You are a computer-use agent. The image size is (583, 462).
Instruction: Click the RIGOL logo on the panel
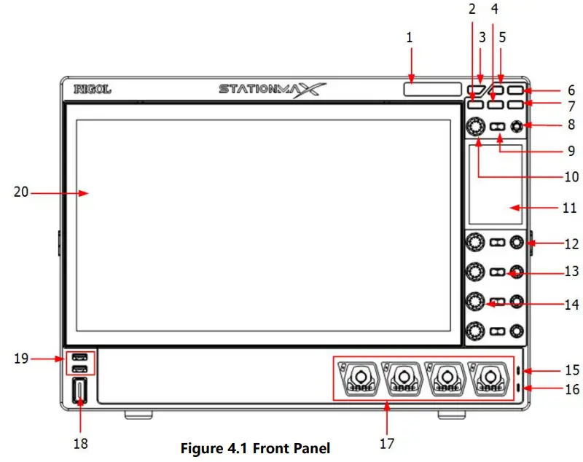[92, 90]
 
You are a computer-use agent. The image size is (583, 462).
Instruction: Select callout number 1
[410, 37]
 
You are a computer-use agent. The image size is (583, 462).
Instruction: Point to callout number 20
[22, 192]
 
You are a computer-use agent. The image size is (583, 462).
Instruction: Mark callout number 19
[22, 358]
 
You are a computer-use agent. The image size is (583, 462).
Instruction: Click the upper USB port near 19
[80, 358]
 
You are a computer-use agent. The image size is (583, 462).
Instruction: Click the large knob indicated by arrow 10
[476, 127]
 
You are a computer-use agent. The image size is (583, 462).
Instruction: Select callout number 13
[571, 272]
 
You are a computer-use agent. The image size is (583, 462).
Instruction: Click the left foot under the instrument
[138, 415]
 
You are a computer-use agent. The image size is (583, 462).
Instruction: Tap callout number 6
[571, 91]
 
